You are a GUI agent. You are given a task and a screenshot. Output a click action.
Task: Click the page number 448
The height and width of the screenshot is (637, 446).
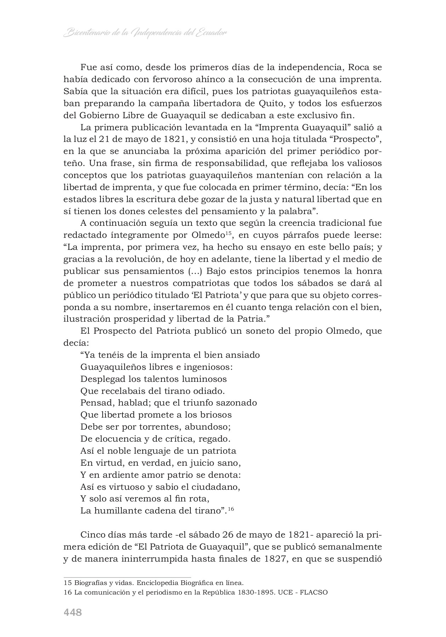(x=73, y=612)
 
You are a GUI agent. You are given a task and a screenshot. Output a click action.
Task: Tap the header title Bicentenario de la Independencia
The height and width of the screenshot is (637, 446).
(x=145, y=33)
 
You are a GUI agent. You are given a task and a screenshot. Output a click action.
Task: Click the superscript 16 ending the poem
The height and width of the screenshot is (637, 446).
(x=231, y=509)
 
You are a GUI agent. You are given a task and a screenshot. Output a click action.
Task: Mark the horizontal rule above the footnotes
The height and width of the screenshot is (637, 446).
(x=127, y=577)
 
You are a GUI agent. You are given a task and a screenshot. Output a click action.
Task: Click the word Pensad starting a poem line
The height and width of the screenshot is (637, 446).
(x=93, y=403)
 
